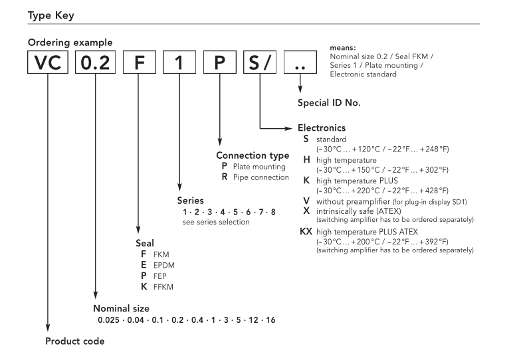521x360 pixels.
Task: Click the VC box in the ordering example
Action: point(47,66)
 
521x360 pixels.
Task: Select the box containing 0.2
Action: point(96,66)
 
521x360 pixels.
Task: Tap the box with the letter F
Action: point(138,66)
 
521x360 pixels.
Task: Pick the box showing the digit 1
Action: point(178,66)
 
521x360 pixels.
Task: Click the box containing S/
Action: point(260,66)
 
